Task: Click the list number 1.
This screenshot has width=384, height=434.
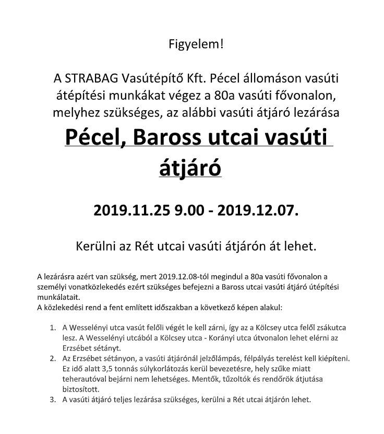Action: [x=53, y=327]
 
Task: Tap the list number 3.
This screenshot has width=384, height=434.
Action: [x=53, y=400]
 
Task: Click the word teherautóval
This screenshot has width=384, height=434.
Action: [x=86, y=379]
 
